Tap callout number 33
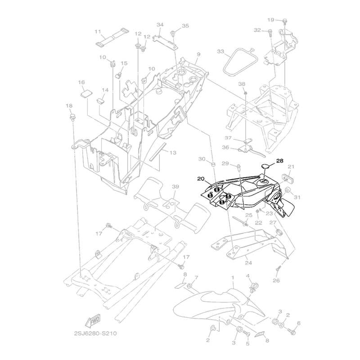point(220,52)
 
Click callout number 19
point(270,20)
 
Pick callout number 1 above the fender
point(233,279)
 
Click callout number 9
point(198,54)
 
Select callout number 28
point(279,161)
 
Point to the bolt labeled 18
point(72,118)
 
